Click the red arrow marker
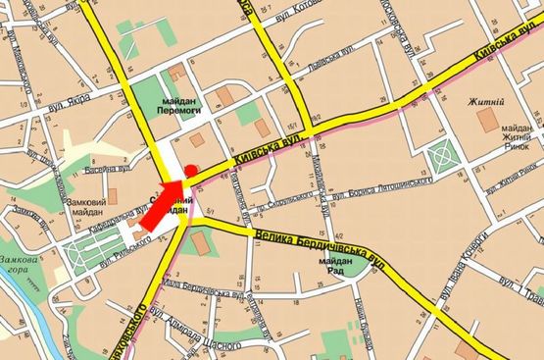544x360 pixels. coord(160,204)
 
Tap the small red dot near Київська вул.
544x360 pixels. coord(190,171)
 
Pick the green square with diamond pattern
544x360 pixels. coord(444,153)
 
